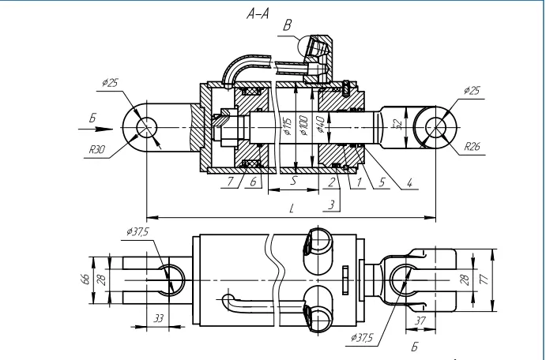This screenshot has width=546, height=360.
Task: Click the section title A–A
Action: tap(258, 14)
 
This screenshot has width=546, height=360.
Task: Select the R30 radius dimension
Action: tap(97, 149)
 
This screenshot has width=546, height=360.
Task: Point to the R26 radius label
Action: tap(473, 146)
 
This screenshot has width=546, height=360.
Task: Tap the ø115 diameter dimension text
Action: tap(287, 126)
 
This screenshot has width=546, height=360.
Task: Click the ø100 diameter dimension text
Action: tap(303, 126)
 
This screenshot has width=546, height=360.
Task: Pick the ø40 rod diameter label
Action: tap(320, 125)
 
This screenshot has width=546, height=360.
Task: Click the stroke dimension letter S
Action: tap(294, 180)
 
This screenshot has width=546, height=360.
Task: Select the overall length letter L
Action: tap(292, 208)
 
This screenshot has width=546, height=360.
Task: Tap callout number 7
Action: tap(230, 182)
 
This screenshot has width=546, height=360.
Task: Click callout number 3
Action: tap(332, 204)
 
